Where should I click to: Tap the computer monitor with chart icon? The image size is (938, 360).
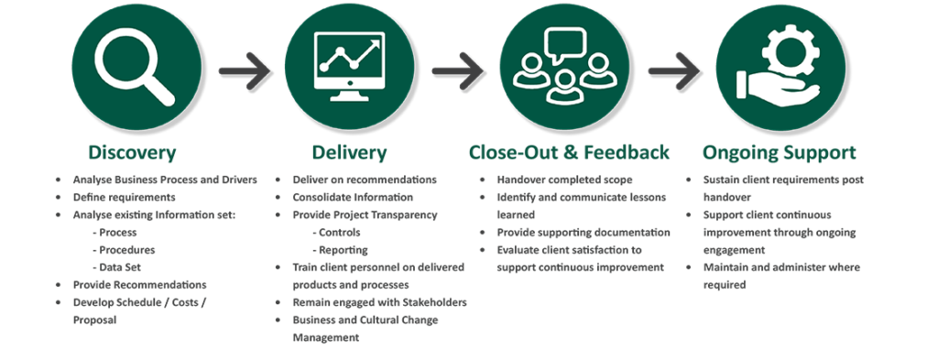click(349, 65)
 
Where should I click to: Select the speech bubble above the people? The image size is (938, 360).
click(564, 42)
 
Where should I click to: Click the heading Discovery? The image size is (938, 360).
click(132, 152)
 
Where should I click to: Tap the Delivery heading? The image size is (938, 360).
click(348, 152)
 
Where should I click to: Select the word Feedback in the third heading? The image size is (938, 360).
click(627, 152)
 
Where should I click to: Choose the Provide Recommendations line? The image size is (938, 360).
click(139, 285)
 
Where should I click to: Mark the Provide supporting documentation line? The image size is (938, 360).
click(583, 233)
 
